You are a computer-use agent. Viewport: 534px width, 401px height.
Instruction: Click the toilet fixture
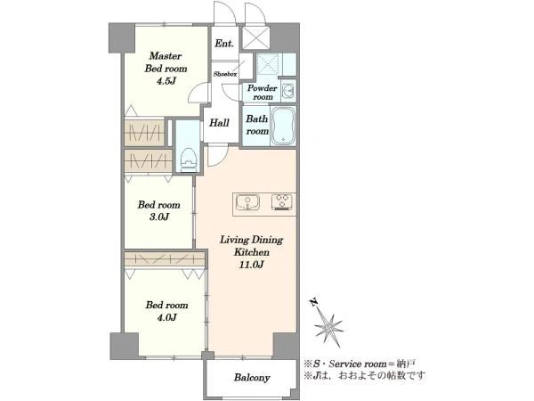pyautogui.click(x=190, y=160)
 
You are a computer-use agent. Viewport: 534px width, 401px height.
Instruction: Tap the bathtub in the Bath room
pyautogui.click(x=283, y=126)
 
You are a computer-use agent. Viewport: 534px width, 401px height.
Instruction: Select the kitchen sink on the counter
pyautogui.click(x=247, y=202)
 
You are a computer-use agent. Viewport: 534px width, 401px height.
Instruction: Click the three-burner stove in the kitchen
pyautogui.click(x=283, y=201)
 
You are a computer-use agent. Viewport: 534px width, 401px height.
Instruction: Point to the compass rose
pyautogui.click(x=328, y=324)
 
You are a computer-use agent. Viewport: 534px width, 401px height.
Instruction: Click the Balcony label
pyautogui.click(x=252, y=378)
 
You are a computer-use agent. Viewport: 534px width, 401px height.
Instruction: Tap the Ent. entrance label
pyautogui.click(x=224, y=44)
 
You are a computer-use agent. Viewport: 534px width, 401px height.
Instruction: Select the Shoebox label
pyautogui.click(x=225, y=74)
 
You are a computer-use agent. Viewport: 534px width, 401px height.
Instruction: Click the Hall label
pyautogui.click(x=219, y=123)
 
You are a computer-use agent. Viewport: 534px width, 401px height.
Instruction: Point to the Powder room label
pyautogui.click(x=262, y=93)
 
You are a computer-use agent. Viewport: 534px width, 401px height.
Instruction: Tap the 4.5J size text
pyautogui.click(x=166, y=81)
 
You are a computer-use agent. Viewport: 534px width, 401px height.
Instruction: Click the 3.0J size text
pyautogui.click(x=159, y=217)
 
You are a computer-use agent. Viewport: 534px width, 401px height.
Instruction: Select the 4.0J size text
pyautogui.click(x=166, y=317)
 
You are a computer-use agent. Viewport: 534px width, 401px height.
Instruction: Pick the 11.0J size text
pyautogui.click(x=251, y=265)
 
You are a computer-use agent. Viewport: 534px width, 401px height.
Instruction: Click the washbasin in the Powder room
pyautogui.click(x=288, y=91)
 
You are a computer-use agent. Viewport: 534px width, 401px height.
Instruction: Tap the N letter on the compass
pyautogui.click(x=314, y=302)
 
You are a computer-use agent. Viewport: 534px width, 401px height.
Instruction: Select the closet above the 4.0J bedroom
pyautogui.click(x=166, y=258)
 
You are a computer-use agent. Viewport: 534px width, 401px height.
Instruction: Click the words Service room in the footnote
pyautogui.click(x=358, y=364)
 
